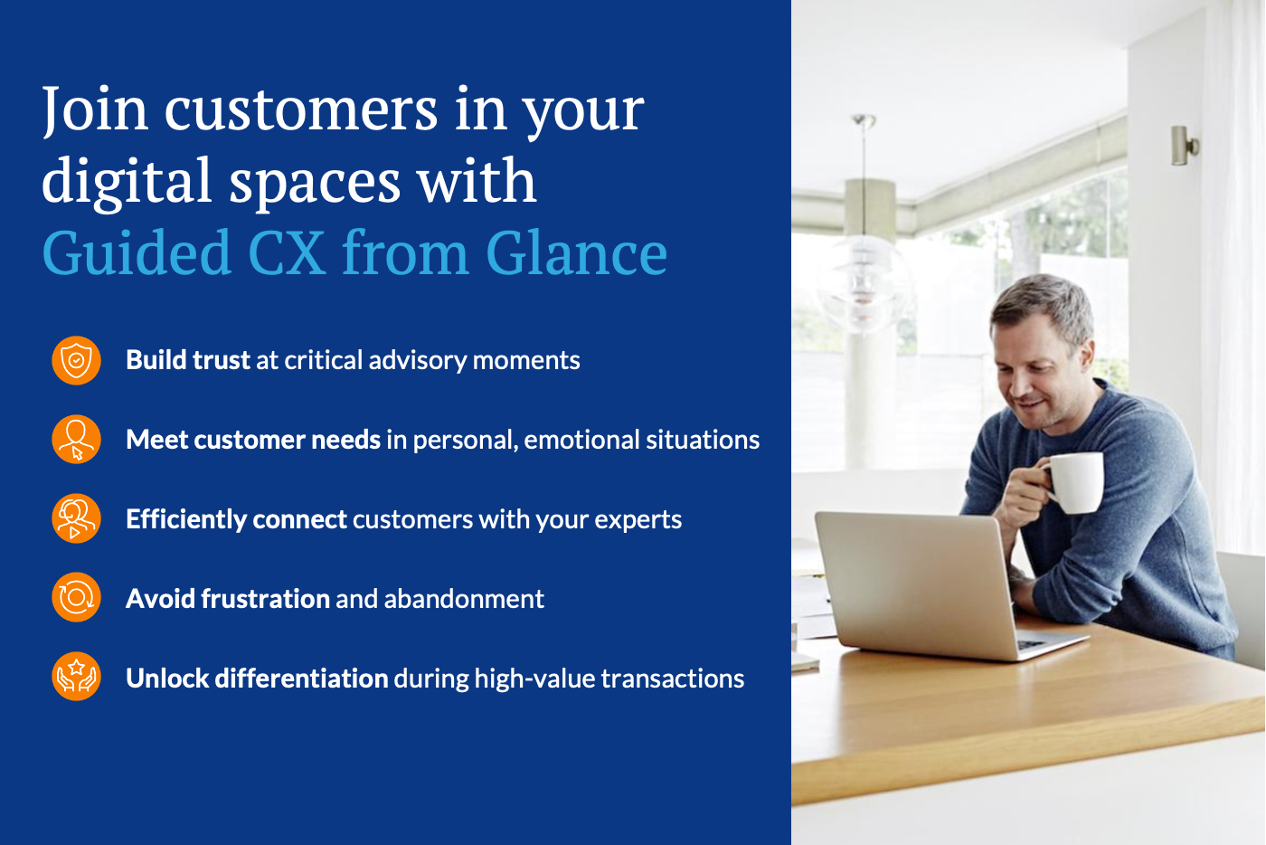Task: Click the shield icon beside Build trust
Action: [x=76, y=360]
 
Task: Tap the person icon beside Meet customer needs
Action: [x=76, y=440]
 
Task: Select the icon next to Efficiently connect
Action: [x=76, y=519]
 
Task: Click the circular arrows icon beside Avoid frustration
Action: [x=76, y=598]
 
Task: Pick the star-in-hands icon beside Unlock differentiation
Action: [x=76, y=677]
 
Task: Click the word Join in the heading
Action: [x=94, y=109]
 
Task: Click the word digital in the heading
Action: [x=127, y=182]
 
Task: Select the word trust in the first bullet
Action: [x=221, y=360]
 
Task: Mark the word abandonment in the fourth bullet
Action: [x=464, y=599]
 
